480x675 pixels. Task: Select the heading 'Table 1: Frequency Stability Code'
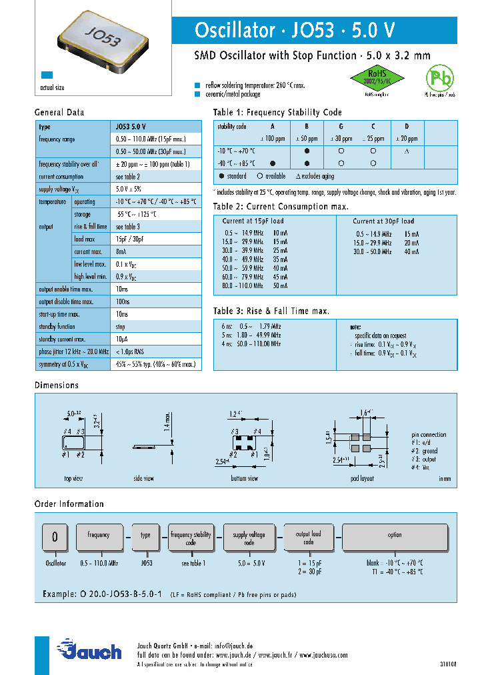point(277,112)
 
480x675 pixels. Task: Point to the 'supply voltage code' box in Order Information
point(249,538)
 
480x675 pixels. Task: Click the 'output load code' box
point(308,538)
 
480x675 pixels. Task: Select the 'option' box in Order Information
point(395,535)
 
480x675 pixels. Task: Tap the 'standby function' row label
point(57,327)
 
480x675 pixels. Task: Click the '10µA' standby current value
point(122,340)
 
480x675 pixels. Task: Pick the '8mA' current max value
point(121,251)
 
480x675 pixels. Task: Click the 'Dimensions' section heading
point(57,385)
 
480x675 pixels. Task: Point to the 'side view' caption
point(143,478)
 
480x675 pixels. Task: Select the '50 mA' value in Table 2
point(281,285)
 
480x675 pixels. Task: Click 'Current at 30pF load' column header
point(383,221)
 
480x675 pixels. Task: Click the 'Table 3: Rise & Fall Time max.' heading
point(271,311)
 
